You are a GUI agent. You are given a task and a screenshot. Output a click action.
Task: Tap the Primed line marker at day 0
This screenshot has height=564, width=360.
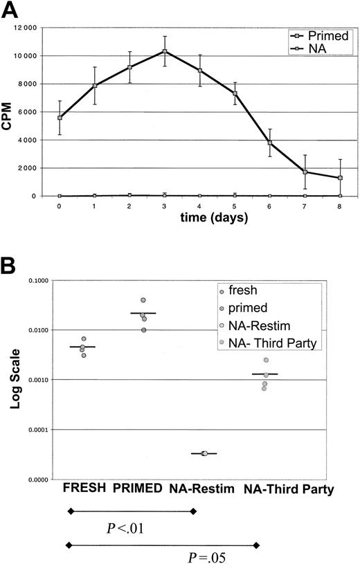[60, 118]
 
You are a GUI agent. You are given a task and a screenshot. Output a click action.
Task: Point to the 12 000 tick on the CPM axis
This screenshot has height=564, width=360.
[39, 28]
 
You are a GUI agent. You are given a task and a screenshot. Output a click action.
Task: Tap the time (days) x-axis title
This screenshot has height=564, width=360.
[198, 218]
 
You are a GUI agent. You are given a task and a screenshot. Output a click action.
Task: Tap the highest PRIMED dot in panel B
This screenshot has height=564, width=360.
[143, 300]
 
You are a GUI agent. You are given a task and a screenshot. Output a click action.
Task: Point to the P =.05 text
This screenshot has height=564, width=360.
[208, 555]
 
